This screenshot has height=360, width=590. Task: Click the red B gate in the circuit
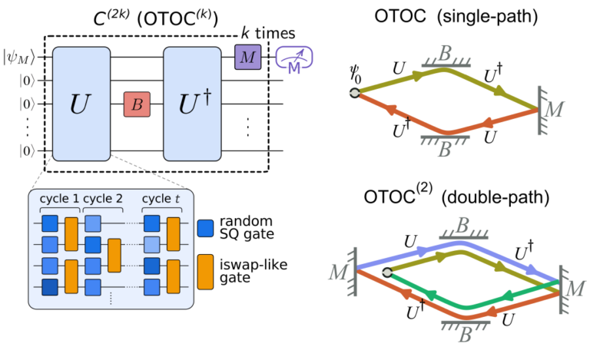pyautogui.click(x=135, y=104)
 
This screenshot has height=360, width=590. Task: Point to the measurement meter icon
pyautogui.click(x=292, y=58)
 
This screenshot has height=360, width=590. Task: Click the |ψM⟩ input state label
pyautogui.click(x=18, y=55)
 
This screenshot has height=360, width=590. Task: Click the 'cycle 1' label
pyautogui.click(x=59, y=198)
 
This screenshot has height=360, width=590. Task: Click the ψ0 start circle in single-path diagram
pyautogui.click(x=354, y=93)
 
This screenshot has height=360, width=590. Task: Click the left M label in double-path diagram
pyautogui.click(x=341, y=270)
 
